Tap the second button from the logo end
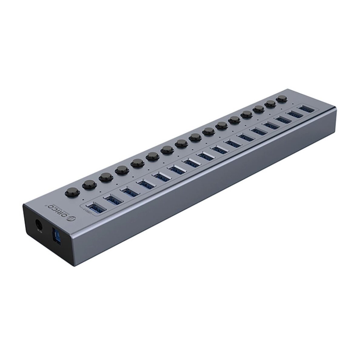89,184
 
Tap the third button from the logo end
105,177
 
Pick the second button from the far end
270,104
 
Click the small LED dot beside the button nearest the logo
83,200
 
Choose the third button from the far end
258,109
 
